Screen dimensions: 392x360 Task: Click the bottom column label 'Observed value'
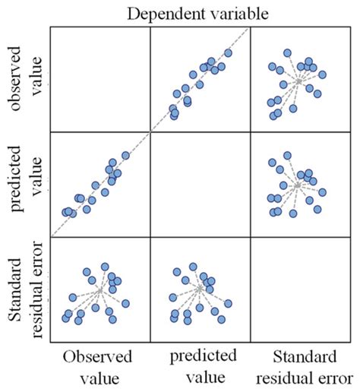98,366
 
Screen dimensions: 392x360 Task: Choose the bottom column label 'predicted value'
200,366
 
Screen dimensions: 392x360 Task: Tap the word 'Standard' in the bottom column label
303,356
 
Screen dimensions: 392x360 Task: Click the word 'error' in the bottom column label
327,377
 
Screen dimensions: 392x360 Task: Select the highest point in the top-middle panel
228,53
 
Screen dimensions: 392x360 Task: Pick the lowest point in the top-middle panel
173,115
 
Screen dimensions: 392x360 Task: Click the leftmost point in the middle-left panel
66,212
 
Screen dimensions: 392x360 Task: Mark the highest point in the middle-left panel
125,156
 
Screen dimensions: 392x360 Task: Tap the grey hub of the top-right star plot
299,80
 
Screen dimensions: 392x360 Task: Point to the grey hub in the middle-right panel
298,185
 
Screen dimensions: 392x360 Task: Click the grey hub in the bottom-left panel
99,289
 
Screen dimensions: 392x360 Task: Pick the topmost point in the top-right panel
287,53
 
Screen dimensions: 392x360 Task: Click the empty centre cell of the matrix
201,184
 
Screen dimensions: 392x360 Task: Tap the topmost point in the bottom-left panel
106,267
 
